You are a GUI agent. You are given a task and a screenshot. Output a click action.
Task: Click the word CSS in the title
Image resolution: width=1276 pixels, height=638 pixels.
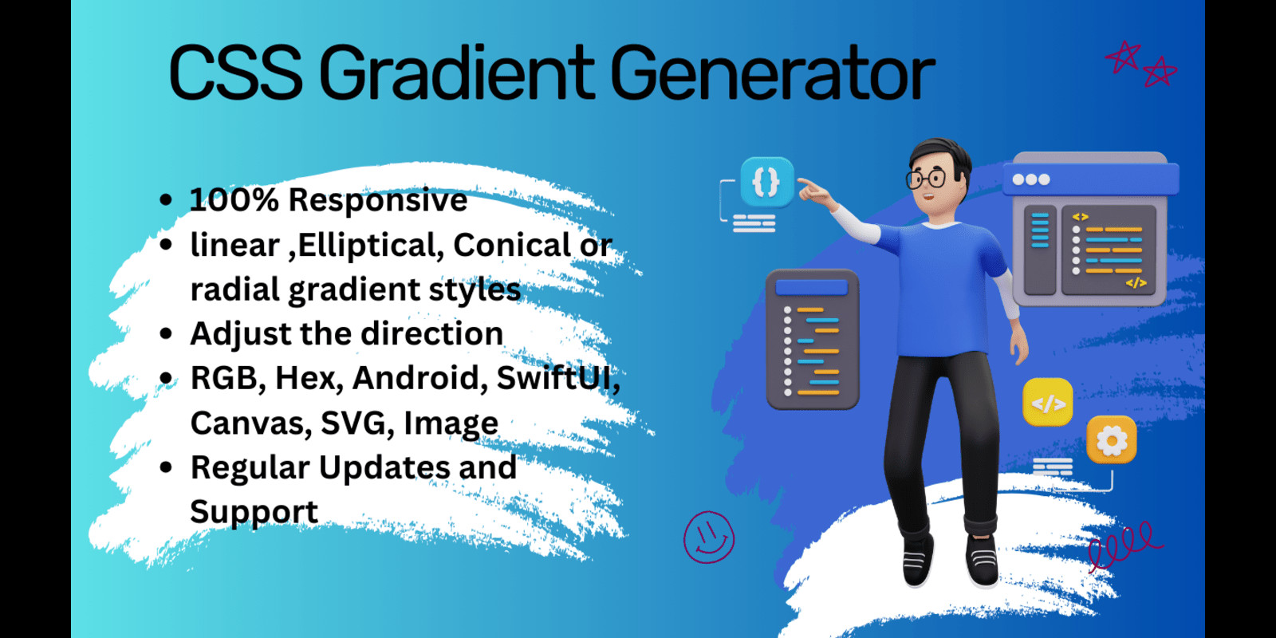[235, 73]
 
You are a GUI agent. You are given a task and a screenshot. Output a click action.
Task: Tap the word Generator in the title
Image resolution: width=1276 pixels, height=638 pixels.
[772, 73]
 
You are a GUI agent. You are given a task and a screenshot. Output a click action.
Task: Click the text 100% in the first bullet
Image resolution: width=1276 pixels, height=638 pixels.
[233, 200]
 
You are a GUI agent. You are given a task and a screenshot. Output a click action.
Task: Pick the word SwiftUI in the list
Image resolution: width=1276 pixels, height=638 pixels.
[557, 378]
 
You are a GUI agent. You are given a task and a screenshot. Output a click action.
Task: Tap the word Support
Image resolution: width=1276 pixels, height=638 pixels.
[254, 512]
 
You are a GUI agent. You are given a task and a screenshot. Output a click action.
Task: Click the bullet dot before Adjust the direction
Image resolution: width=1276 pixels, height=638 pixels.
[166, 334]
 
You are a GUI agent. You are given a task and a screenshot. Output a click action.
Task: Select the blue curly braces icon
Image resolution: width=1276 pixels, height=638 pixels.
[766, 183]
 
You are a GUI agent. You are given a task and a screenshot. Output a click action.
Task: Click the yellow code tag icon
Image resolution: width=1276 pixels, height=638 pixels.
[1047, 404]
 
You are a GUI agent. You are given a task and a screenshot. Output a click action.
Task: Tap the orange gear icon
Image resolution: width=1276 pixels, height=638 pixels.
[1111, 439]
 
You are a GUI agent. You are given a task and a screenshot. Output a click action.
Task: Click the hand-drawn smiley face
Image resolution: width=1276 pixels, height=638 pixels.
[709, 538]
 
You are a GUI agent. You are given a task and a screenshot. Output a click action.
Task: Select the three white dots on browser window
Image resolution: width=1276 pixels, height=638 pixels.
[1031, 179]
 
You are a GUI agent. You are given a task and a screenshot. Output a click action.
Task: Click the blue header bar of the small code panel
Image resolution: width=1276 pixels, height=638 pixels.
[811, 288]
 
